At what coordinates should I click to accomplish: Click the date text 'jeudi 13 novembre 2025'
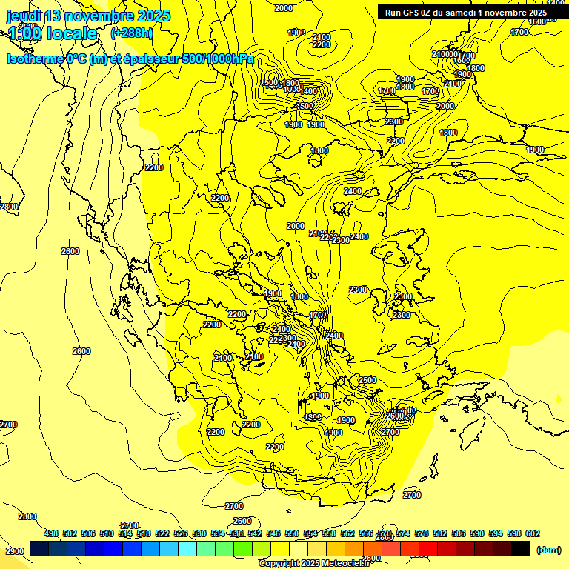coord(88,16)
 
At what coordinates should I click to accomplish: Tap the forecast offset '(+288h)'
coord(131,33)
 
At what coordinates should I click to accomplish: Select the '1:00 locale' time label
coord(53,34)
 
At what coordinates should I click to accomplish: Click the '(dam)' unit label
coord(548,550)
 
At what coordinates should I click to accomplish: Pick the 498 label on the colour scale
coord(51,533)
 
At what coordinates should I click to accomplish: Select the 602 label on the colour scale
coord(533,533)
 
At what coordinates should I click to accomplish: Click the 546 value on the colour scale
coord(273,533)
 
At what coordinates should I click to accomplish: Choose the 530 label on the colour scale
coord(199,533)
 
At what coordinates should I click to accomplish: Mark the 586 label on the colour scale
coord(459,533)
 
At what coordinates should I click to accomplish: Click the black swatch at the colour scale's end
coord(521,548)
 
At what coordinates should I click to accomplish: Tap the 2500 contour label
coord(367,380)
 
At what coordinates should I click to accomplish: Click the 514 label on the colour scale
coord(125,533)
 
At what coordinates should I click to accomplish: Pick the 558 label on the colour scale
coord(329,533)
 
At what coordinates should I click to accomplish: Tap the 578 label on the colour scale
coord(422,533)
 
